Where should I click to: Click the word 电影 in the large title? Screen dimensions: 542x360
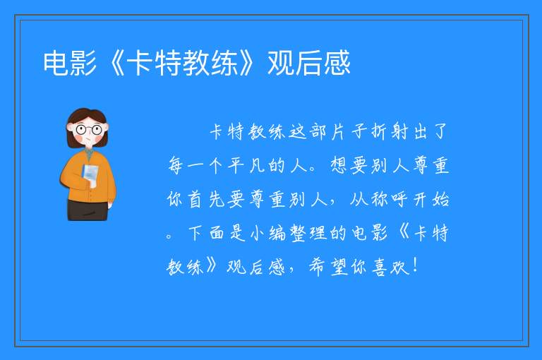(70, 63)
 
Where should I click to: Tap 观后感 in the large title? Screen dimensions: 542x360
(309, 63)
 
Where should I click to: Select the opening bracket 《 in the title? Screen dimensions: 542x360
(114, 63)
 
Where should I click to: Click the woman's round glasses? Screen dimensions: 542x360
(89, 130)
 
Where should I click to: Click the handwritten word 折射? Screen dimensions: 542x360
(390, 132)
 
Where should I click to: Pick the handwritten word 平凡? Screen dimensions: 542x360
(246, 165)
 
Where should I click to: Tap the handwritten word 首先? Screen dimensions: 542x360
(206, 200)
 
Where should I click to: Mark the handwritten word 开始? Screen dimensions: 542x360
(430, 200)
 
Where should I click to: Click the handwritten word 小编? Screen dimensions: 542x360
(268, 233)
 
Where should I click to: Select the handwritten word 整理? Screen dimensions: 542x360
(308, 233)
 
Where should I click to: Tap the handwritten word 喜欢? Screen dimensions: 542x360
(390, 267)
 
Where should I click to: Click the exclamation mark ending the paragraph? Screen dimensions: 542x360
(415, 266)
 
